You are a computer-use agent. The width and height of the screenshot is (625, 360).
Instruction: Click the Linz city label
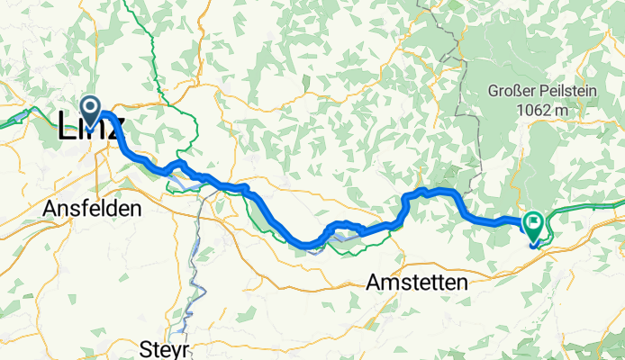point(90,128)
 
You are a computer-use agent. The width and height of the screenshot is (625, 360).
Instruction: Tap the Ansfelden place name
point(92,209)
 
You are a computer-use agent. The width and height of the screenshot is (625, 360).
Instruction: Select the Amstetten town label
point(417,283)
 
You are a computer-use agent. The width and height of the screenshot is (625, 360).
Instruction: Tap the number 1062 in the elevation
point(533,110)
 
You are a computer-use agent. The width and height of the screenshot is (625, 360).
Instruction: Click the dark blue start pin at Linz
point(92,107)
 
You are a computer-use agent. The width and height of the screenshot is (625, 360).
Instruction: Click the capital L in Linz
point(67,128)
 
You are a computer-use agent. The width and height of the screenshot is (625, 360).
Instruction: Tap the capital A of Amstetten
point(374,283)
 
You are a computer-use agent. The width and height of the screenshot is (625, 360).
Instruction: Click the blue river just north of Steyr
point(189,306)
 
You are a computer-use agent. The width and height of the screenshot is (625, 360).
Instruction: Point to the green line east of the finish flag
point(585,208)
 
